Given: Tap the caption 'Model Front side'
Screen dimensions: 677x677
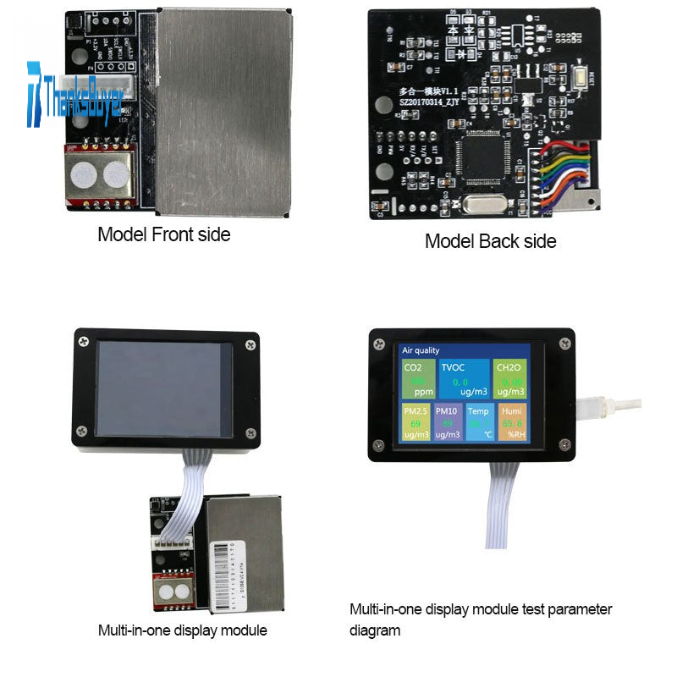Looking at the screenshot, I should (163, 234).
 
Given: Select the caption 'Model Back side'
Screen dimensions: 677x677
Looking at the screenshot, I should (490, 241).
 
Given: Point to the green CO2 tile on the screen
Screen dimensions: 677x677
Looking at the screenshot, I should (417, 378).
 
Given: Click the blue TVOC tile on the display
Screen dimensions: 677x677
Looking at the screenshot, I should (464, 378).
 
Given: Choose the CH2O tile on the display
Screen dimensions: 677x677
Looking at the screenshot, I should (509, 378).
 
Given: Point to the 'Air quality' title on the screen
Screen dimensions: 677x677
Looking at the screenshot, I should (421, 350).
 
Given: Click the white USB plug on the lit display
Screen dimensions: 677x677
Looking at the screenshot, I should (591, 406).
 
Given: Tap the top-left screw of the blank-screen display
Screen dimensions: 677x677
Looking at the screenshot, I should (83, 342).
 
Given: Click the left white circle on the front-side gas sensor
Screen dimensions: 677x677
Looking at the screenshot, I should (82, 175).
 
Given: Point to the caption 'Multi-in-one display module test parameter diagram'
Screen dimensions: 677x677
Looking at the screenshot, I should (480, 619).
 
